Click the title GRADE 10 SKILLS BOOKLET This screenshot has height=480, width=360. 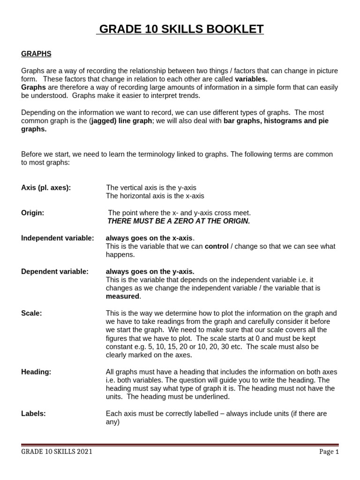tap(180, 30)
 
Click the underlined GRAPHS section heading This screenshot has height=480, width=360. tap(36, 54)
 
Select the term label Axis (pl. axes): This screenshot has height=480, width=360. tap(46, 187)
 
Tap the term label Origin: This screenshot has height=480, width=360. tap(33, 213)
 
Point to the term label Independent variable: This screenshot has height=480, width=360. tap(58, 238)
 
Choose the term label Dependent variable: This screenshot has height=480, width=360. tap(55, 271)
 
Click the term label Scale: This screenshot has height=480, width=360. tap(31, 313)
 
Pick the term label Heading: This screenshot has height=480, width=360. tap(36, 372)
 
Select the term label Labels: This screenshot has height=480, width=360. tap(34, 413)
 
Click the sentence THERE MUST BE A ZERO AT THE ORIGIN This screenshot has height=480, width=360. tap(179, 221)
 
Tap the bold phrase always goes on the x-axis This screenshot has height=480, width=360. tap(149, 238)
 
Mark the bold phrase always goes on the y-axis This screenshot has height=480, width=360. tap(150, 271)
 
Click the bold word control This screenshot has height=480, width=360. tap(217, 247)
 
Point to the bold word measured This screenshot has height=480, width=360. tap(122, 296)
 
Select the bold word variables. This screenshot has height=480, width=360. tap(251, 79)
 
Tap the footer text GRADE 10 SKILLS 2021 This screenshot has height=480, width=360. tap(57, 452)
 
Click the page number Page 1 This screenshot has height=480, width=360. tap(329, 452)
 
